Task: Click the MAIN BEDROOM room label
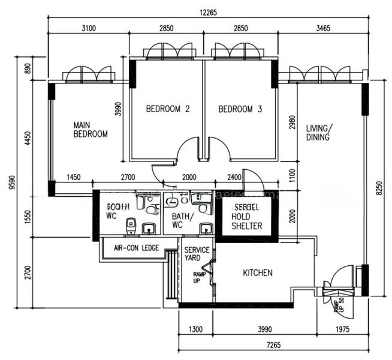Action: pyautogui.click(x=91, y=130)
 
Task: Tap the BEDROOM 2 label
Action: pyautogui.click(x=168, y=109)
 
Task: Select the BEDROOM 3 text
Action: pyautogui.click(x=240, y=109)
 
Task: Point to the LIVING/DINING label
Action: pyautogui.click(x=318, y=133)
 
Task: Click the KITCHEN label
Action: pyautogui.click(x=257, y=273)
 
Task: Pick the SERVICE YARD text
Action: pyautogui.click(x=197, y=254)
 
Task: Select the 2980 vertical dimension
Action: pyautogui.click(x=292, y=122)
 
